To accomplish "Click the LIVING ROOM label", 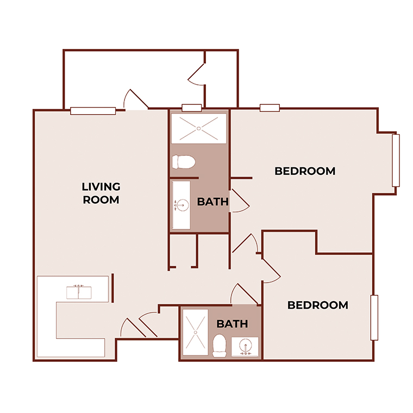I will coord(101,193).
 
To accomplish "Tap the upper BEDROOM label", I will coord(305,171).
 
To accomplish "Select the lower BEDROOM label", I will coord(317,305).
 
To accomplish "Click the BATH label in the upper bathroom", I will coord(212,202).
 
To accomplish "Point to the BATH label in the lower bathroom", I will coord(232,324).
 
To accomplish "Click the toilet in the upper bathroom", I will coord(183,162).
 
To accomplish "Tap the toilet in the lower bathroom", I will coord(220,346).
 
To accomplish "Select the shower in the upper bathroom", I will coord(199,128).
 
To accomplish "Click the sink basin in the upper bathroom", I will coord(182,205).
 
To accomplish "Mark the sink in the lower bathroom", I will coord(246,347).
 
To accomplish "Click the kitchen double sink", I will coord(80,292).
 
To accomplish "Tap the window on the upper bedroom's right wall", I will coord(396,160).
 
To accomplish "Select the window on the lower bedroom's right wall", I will coord(374,317).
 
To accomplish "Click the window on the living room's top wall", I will coord(93,111).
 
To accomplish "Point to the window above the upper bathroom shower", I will coord(191,108).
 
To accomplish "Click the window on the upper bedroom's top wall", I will coord(270,108).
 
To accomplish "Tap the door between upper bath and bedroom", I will coord(239,201).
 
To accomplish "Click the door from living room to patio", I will coord(135,100).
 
